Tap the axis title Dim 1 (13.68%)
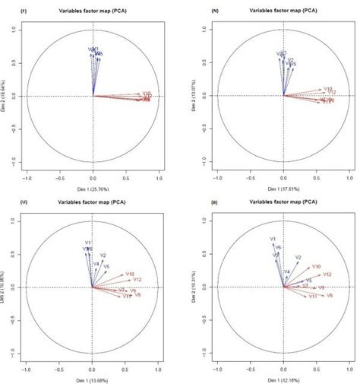(93, 376)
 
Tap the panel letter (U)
(15, 202)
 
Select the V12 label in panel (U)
(137, 281)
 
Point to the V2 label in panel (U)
(103, 255)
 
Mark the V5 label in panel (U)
(107, 267)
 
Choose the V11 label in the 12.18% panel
(311, 297)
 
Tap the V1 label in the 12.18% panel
(272, 240)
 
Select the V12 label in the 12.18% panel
(327, 274)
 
